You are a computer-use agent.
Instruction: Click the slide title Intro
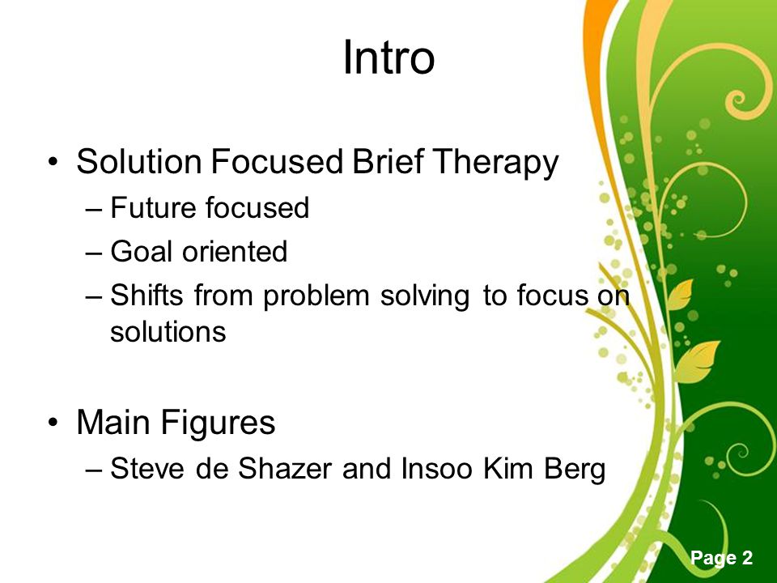tap(388, 57)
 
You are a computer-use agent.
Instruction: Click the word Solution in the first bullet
tap(138, 161)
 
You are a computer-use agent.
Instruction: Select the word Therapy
tap(495, 163)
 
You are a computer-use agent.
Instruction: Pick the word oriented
tap(235, 251)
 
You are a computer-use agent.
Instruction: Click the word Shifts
tap(146, 295)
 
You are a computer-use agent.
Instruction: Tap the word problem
tap(316, 296)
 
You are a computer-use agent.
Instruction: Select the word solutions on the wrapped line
tap(168, 331)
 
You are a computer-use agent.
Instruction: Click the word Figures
tap(218, 423)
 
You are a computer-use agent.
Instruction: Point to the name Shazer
tap(285, 468)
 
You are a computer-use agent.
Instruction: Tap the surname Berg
tap(575, 469)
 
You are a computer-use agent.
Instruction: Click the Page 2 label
tap(721, 558)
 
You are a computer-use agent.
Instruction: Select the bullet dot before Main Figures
tap(53, 423)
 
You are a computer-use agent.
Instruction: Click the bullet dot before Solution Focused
tap(53, 162)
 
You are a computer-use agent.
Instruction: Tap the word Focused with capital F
tap(277, 161)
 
